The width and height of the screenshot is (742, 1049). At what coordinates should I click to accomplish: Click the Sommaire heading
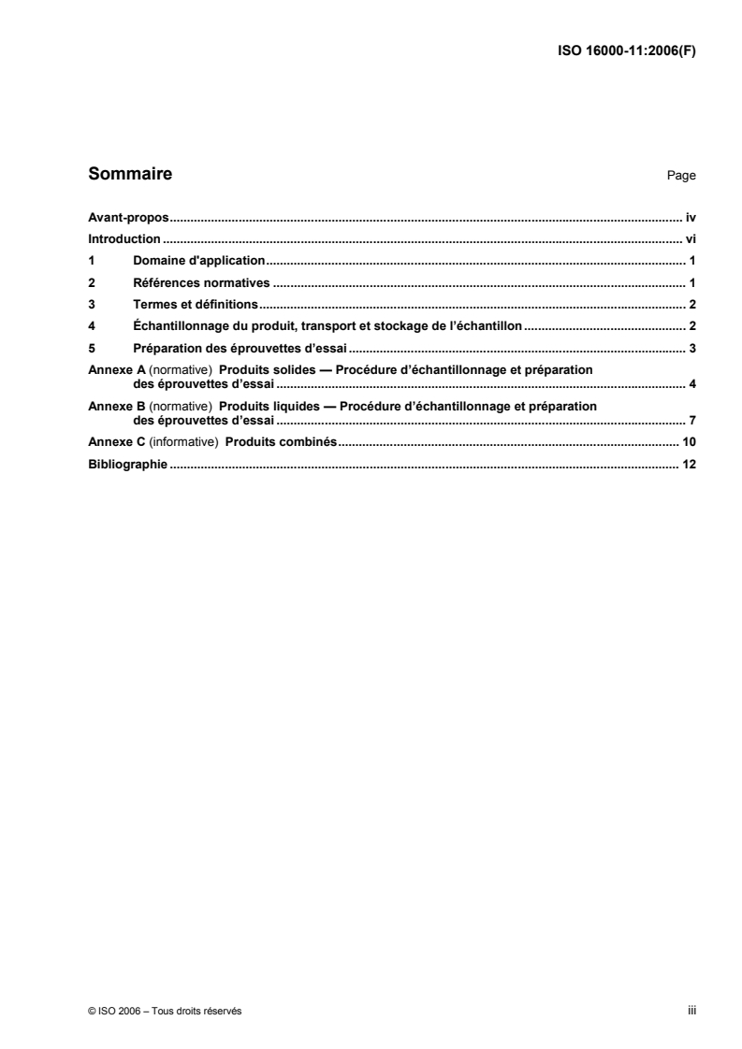coord(129,174)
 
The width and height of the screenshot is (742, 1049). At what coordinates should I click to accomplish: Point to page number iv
coord(691,217)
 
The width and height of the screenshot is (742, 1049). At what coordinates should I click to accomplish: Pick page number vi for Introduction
coord(691,239)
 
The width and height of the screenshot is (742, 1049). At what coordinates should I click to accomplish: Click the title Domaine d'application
coord(200,261)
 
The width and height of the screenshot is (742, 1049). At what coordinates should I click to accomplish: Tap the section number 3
coord(91,304)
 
